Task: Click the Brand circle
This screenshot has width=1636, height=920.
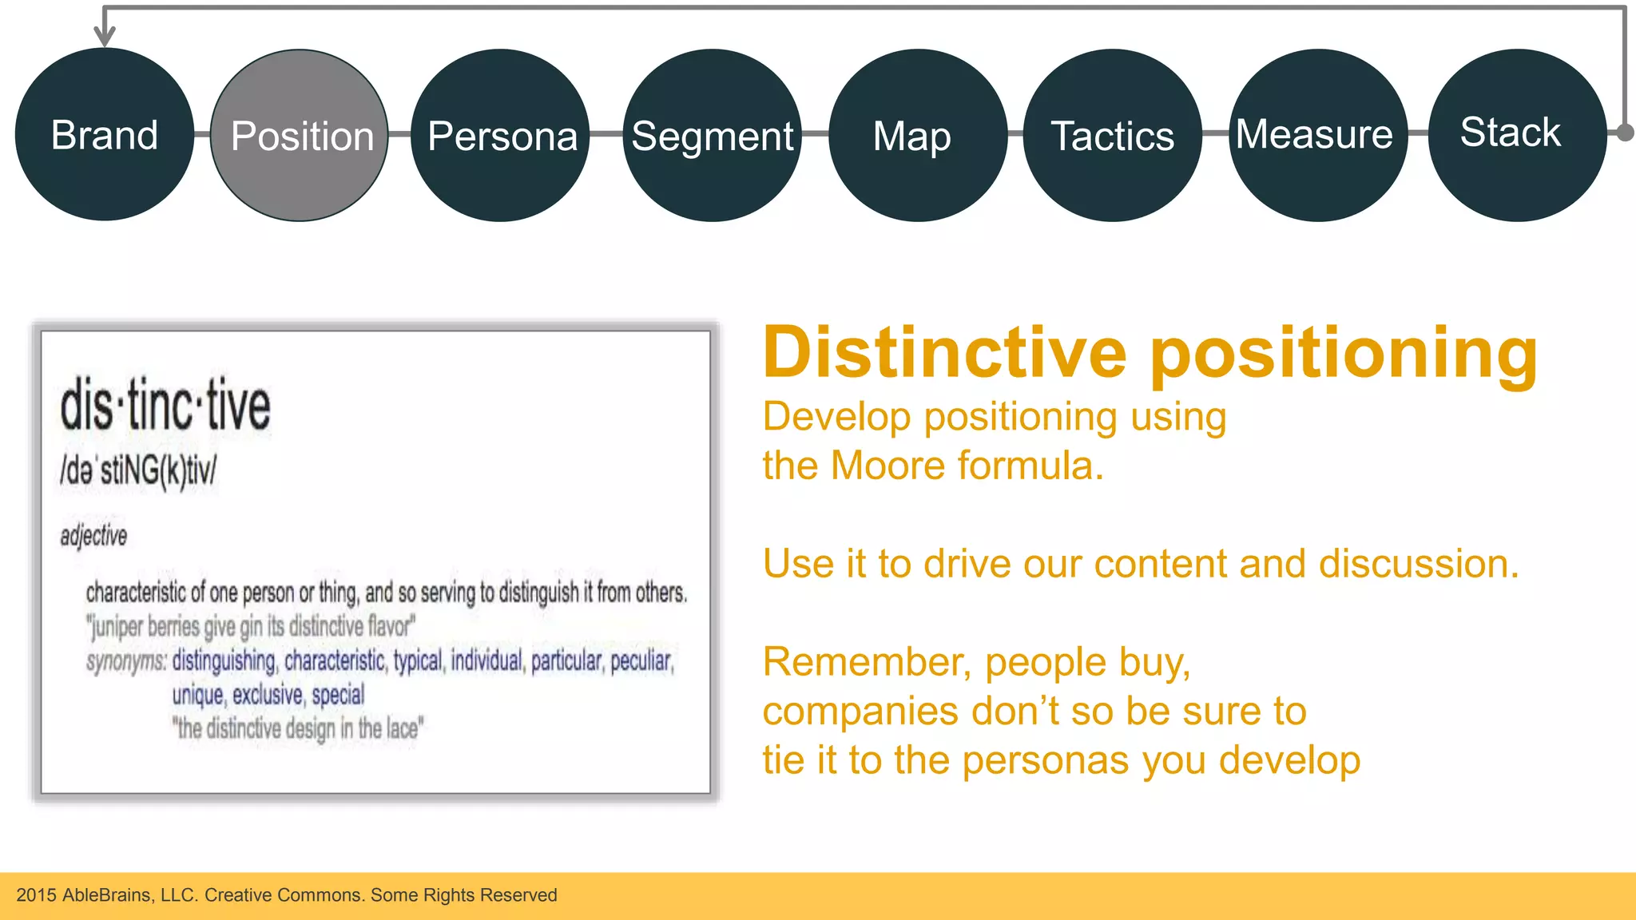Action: [105, 134]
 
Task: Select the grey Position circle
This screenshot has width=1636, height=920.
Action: [300, 135]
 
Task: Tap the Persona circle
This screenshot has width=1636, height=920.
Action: [501, 135]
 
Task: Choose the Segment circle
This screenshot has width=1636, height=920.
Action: [712, 135]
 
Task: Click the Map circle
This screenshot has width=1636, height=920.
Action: [917, 135]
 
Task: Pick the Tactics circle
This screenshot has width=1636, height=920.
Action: [1112, 135]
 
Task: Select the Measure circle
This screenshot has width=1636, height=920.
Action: [1317, 135]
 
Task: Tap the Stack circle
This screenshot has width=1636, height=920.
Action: [1516, 135]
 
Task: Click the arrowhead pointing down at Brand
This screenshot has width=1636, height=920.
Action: [105, 35]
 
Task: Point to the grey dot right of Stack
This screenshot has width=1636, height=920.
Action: [1625, 133]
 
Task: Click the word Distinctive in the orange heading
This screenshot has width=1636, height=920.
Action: [945, 353]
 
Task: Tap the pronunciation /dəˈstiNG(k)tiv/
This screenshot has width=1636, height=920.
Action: [138, 470]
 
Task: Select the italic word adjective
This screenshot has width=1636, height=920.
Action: [93, 536]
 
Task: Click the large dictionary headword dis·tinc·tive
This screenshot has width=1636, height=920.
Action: [165, 406]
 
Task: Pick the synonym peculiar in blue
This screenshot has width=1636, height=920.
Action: [641, 660]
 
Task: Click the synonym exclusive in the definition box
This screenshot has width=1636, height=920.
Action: [267, 695]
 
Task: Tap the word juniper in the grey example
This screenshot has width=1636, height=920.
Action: [117, 627]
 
